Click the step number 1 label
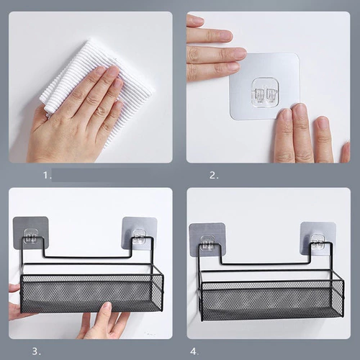tap(48, 176)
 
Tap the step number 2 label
tap(214, 176)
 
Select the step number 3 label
tap(37, 351)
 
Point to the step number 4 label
tap(194, 351)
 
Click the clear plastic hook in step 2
tap(266, 91)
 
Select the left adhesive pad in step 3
tap(30, 233)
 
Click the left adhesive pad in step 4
tap(207, 239)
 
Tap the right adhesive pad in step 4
tap(318, 238)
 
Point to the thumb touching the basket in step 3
tap(106, 310)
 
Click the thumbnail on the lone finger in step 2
tap(322, 122)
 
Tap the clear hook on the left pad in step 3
tap(32, 236)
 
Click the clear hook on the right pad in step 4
tap(318, 242)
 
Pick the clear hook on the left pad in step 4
tap(208, 243)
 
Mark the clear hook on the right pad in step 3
tap(139, 237)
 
